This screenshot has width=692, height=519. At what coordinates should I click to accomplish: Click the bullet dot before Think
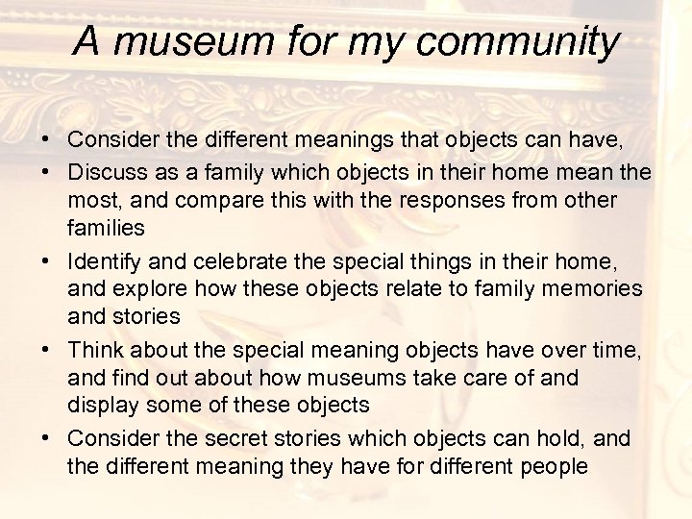pos(46,349)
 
